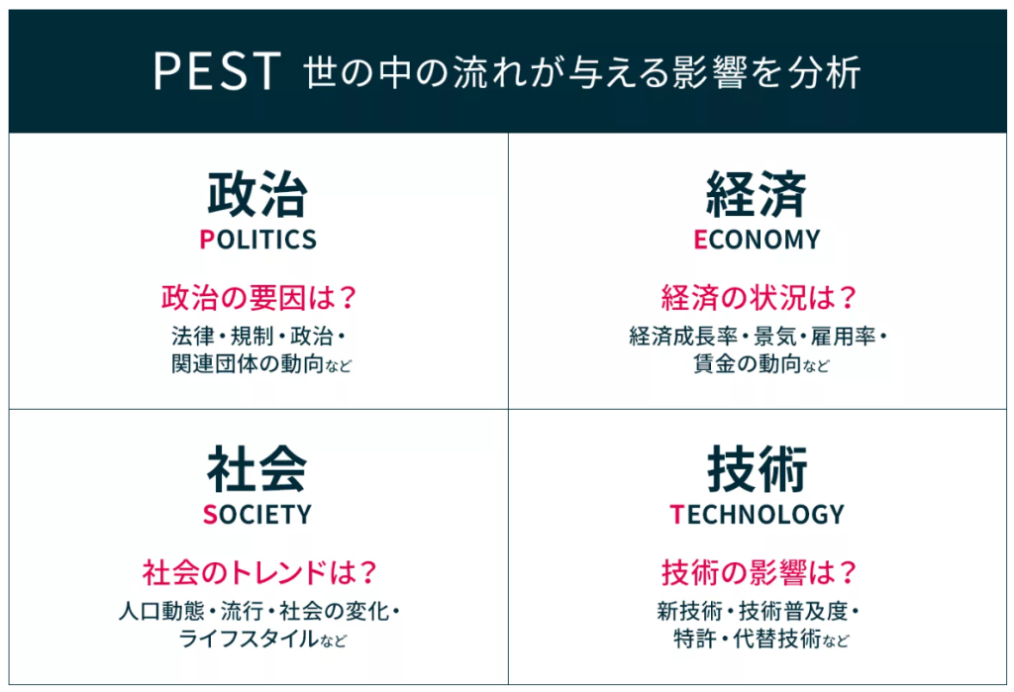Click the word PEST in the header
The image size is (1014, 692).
click(217, 70)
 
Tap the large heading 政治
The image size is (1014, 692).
click(256, 194)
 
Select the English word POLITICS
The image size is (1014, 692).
click(258, 240)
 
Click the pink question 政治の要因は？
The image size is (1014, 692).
click(258, 298)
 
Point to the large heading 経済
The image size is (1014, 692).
click(757, 194)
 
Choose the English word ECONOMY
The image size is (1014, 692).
click(757, 240)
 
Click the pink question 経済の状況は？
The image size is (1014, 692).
click(758, 298)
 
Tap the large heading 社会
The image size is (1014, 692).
click(256, 469)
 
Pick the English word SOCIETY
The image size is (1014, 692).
click(257, 514)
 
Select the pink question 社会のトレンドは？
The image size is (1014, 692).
click(258, 572)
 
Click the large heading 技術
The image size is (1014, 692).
click(757, 469)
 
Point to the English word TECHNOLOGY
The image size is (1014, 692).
click(758, 514)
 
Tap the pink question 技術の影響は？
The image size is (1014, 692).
click(758, 572)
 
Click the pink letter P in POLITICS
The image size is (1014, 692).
click(207, 240)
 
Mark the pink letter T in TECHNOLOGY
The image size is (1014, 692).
click(676, 514)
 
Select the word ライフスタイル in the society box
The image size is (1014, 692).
click(249, 639)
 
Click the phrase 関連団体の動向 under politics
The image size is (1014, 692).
click(248, 364)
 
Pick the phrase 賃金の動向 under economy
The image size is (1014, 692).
click(747, 364)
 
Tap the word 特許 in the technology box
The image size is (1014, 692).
click(694, 639)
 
